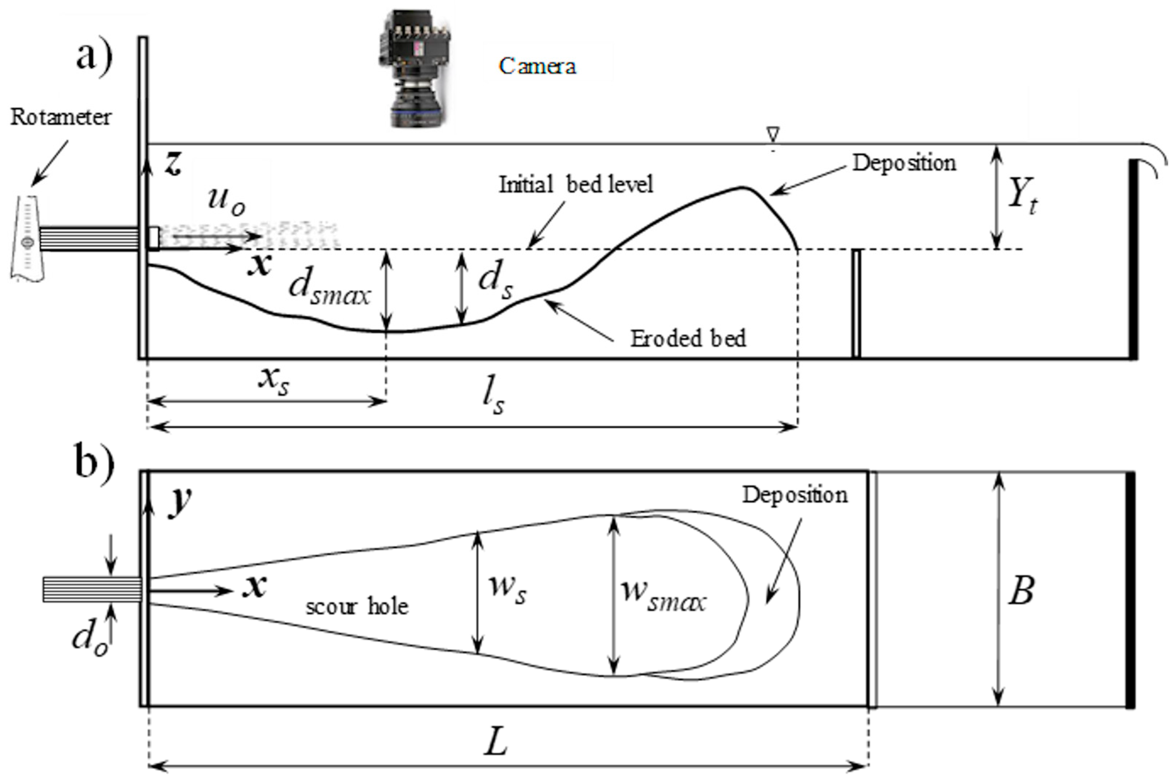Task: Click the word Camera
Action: tap(537, 66)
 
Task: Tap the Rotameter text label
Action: tap(61, 117)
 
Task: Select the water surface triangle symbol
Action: tap(772, 134)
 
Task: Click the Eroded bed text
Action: tap(688, 339)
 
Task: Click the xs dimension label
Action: tap(273, 382)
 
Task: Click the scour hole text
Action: tap(357, 607)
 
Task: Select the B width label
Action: tap(1021, 590)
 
